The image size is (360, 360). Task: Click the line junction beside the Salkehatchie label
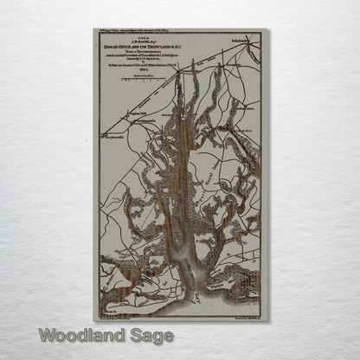(x=235, y=43)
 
